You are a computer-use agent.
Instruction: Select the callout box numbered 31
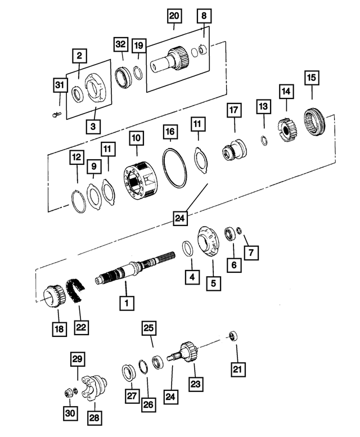pos(60,85)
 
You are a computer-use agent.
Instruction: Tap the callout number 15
pos(311,76)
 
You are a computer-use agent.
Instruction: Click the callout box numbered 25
pos(149,328)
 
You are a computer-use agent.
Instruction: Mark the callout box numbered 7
pos(251,253)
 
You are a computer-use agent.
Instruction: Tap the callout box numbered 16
pos(170,133)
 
